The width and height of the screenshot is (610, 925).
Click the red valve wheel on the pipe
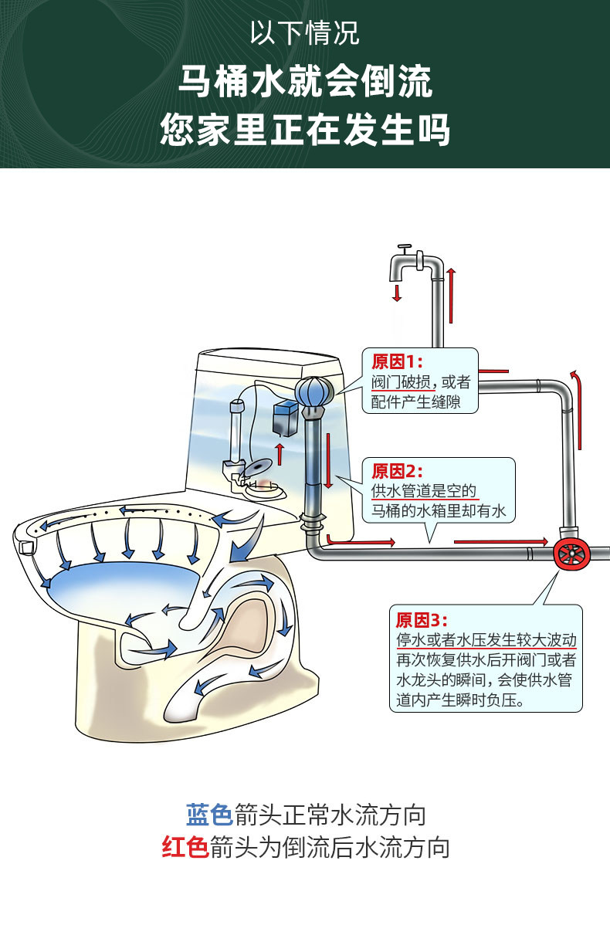click(x=572, y=554)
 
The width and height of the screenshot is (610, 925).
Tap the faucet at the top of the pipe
click(x=408, y=263)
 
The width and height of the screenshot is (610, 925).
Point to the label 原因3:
click(x=421, y=620)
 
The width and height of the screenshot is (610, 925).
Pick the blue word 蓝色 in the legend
click(x=208, y=815)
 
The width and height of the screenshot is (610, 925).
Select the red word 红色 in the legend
click(x=185, y=847)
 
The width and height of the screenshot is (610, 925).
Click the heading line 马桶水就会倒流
click(x=305, y=83)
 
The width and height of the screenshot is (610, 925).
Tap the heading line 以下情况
click(x=305, y=35)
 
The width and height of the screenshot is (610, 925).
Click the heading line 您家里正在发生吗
click(x=305, y=130)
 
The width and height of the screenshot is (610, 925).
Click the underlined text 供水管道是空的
click(x=424, y=491)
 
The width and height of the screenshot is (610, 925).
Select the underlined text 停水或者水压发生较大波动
click(x=486, y=641)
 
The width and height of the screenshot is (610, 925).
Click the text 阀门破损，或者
click(x=420, y=382)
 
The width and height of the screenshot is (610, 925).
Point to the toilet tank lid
click(x=270, y=363)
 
